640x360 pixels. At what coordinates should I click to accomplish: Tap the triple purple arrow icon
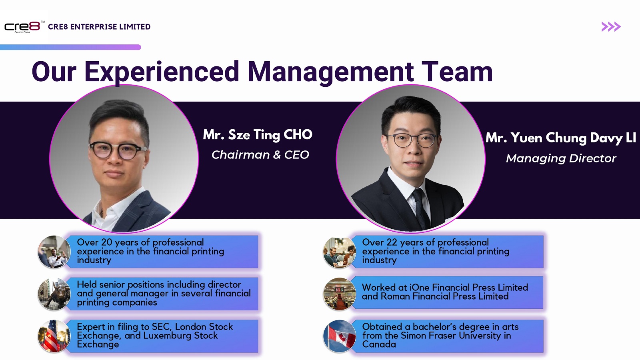611,26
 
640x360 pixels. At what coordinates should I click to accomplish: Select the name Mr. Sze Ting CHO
258,134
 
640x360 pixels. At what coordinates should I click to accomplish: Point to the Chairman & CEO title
260,154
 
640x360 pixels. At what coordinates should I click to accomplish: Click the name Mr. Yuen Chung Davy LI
561,138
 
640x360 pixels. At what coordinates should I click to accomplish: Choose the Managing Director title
561,158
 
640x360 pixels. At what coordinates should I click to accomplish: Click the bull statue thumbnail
54,294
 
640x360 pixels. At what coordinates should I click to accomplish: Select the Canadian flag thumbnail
340,336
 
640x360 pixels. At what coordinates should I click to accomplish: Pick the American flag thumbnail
54,336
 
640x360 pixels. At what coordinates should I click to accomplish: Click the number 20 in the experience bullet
106,242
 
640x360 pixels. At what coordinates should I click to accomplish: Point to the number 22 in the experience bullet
392,242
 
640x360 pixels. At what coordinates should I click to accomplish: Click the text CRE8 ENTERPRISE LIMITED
99,27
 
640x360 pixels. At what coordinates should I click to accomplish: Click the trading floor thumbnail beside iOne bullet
340,294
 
